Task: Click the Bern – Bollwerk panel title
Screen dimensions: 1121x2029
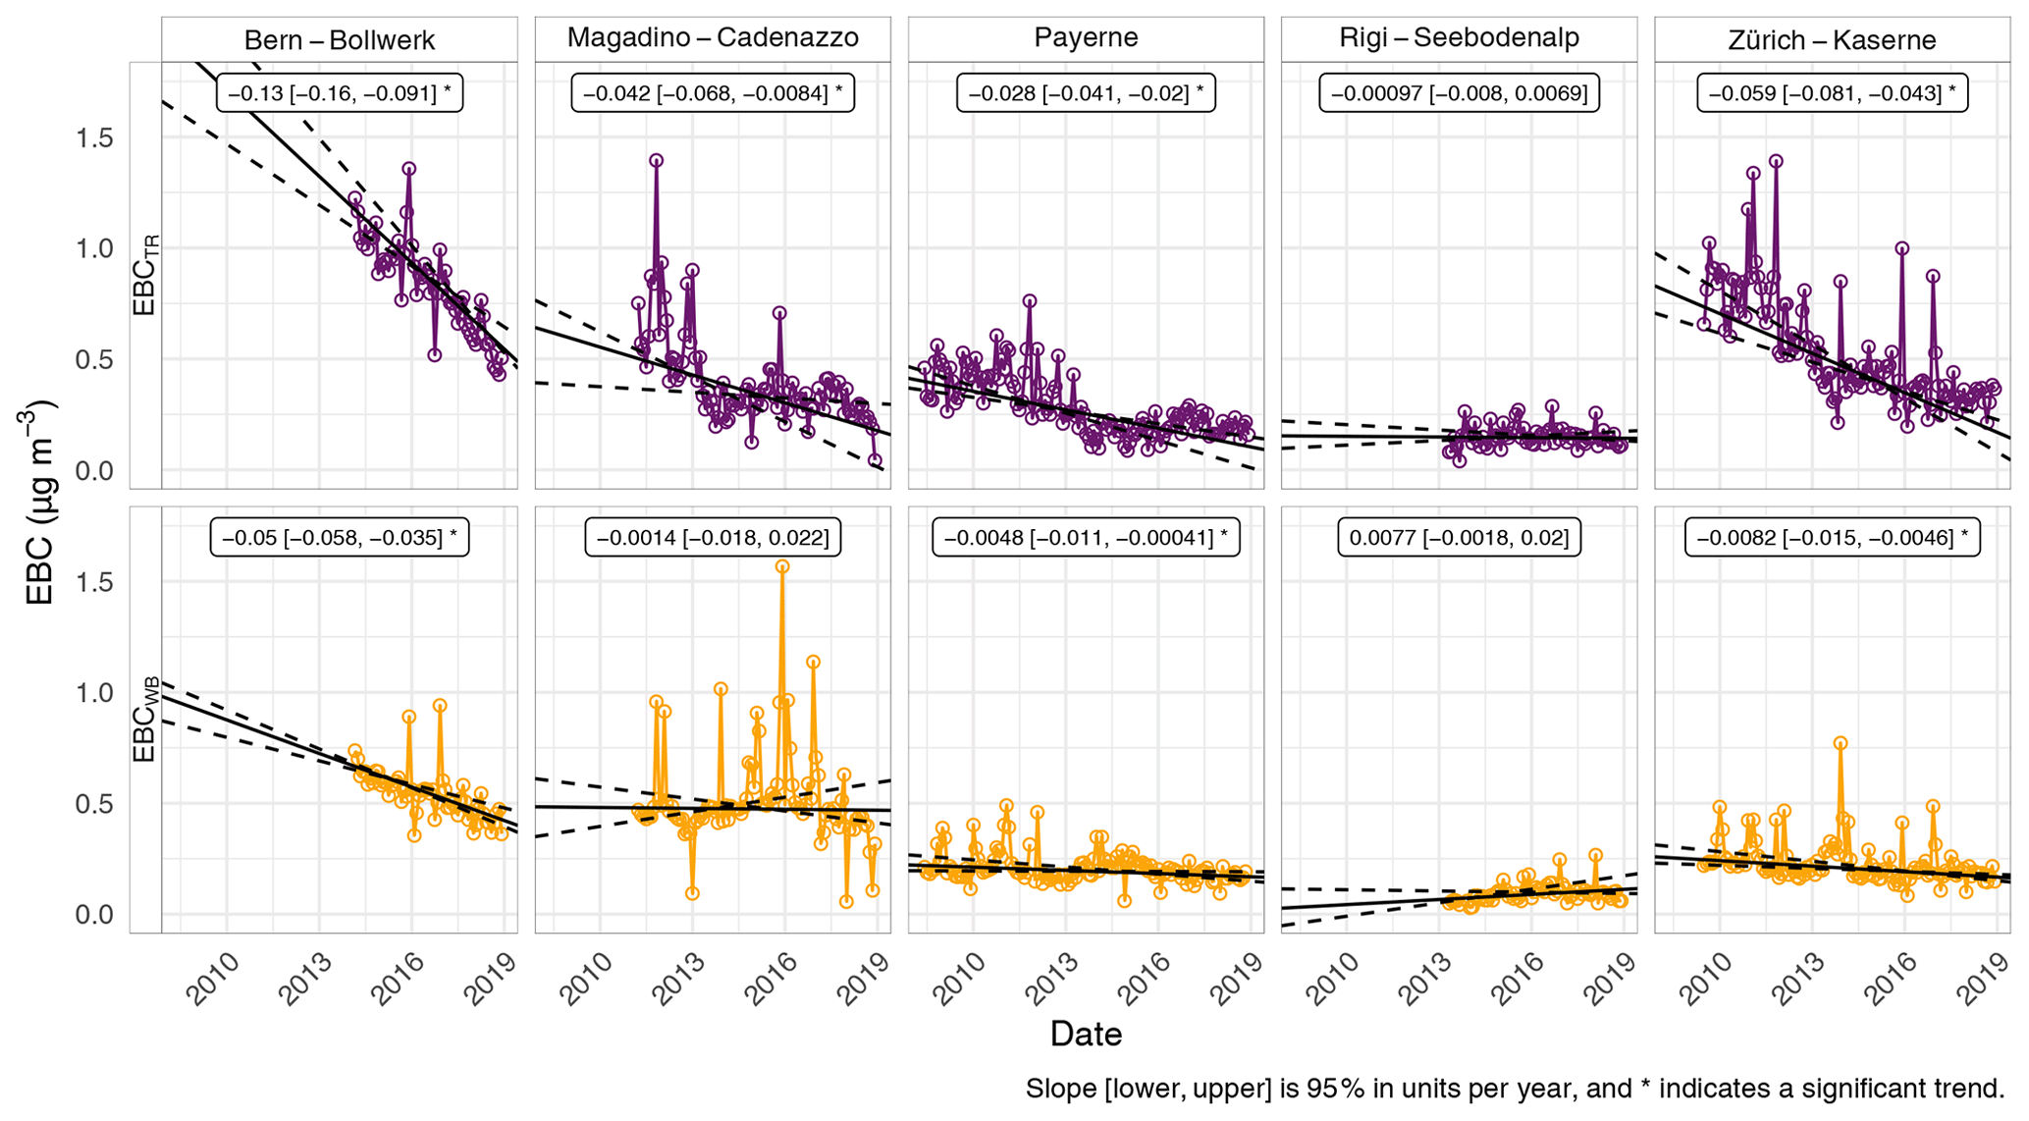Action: (x=339, y=40)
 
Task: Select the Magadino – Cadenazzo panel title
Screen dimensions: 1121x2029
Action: (x=713, y=38)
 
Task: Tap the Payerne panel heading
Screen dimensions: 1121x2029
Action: (x=1086, y=38)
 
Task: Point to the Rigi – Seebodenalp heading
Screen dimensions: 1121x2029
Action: (x=1459, y=38)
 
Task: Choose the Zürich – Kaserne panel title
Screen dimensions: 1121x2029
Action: (x=1832, y=40)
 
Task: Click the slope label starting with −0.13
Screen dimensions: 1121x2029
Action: (x=339, y=93)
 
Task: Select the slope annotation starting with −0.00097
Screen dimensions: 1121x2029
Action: (x=1459, y=93)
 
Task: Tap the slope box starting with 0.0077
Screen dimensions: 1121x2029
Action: (x=1459, y=537)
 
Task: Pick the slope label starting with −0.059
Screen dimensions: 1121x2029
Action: (x=1832, y=93)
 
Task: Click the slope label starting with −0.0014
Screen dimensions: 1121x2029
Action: (x=713, y=537)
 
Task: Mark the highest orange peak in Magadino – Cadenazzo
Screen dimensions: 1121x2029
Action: (x=782, y=566)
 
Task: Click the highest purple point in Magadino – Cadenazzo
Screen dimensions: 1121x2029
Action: (x=656, y=160)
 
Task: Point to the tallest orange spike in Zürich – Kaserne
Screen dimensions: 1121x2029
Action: (x=1841, y=743)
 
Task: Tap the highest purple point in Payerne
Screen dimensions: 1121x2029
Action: (x=1029, y=300)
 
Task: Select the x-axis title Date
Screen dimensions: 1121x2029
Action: (x=1086, y=1034)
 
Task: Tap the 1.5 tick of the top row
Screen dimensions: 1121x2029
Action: (x=94, y=137)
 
